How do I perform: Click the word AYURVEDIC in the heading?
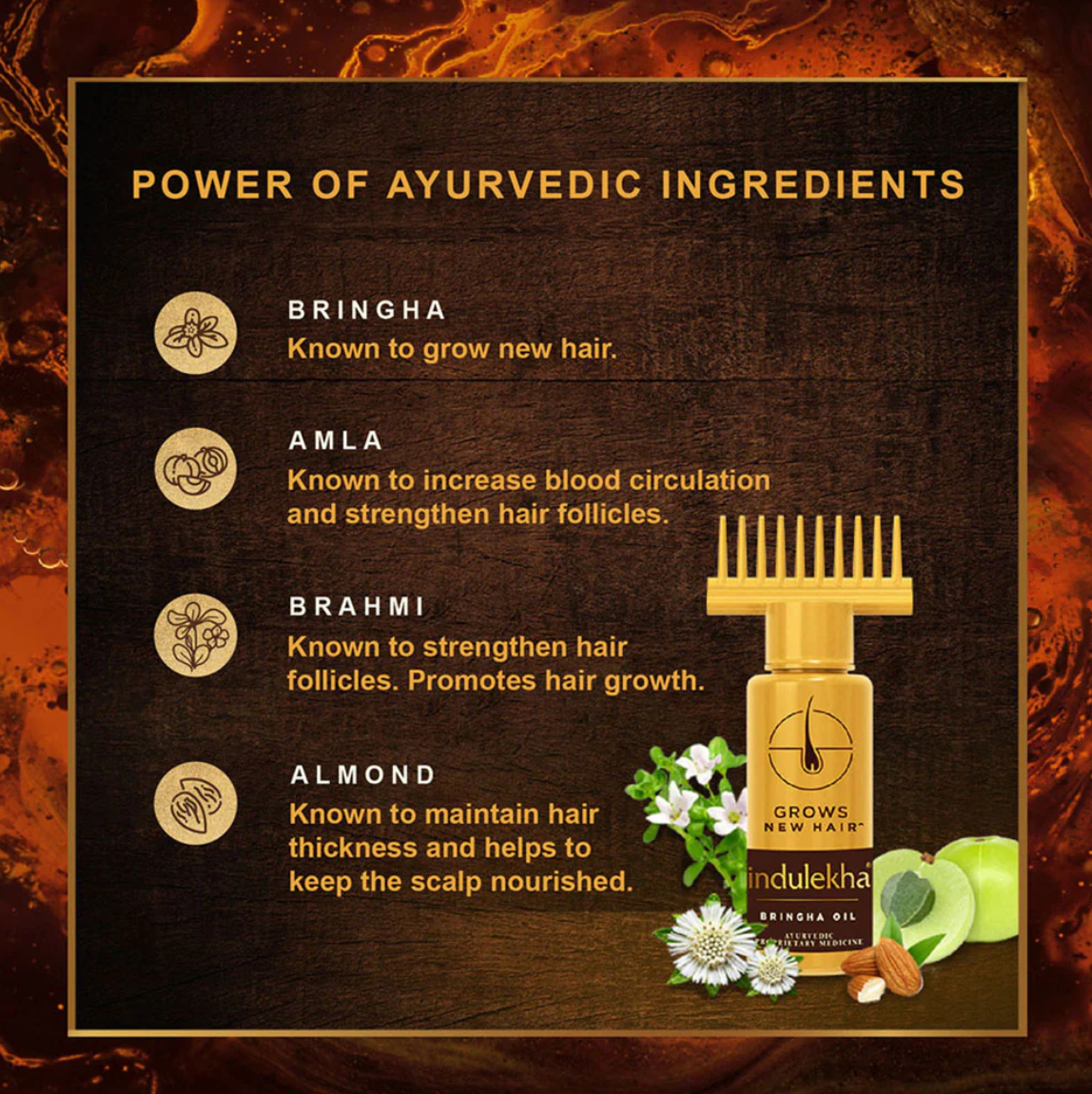(x=515, y=185)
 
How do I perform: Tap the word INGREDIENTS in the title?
(x=813, y=185)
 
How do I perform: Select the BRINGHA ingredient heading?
(x=367, y=310)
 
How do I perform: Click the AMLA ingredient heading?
(x=336, y=440)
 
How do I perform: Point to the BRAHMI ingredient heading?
(x=358, y=607)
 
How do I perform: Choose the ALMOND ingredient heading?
(x=363, y=774)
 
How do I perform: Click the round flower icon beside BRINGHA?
(x=195, y=333)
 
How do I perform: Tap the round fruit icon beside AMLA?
(x=195, y=468)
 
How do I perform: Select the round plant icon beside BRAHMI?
(x=195, y=635)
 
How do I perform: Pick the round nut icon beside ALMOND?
(x=195, y=803)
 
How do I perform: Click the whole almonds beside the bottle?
(x=885, y=968)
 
